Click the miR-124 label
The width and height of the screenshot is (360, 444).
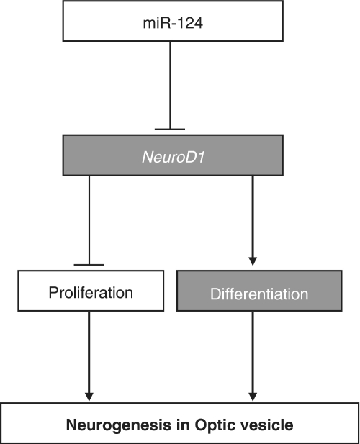coord(173,22)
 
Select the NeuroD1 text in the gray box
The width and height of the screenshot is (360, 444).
coord(173,157)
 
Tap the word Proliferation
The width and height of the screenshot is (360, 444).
coord(91,292)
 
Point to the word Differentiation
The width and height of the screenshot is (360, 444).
coord(259,294)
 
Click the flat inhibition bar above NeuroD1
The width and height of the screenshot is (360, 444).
coord(170,130)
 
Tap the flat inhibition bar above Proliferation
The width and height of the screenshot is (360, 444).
coord(89,265)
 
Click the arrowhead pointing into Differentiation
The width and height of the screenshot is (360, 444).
coord(253,261)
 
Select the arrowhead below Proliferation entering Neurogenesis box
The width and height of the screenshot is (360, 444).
coord(89,397)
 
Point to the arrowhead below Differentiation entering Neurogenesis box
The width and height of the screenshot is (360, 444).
coord(253,397)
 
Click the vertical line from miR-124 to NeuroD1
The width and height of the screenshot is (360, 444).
coord(170,85)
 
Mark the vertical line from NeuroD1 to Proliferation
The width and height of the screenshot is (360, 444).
coord(89,220)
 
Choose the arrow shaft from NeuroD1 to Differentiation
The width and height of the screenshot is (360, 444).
coord(253,217)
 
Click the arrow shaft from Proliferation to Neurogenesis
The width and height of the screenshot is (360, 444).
coord(89,353)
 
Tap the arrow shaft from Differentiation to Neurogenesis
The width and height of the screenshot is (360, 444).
coord(253,353)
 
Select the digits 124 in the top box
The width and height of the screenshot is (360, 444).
coord(192,23)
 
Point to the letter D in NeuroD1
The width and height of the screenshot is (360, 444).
coord(189,157)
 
